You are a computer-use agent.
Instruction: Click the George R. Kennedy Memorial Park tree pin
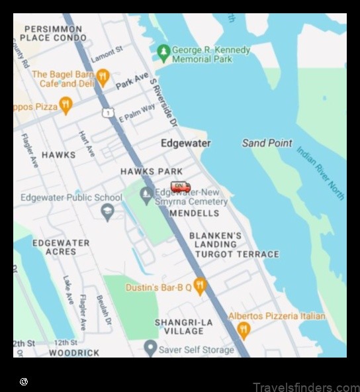163,52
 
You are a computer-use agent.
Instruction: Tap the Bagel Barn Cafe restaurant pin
102,78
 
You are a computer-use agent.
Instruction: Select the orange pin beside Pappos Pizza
65,105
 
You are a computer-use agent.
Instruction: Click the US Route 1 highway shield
107,113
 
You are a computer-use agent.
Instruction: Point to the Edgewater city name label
186,143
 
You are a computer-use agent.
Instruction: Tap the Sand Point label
267,143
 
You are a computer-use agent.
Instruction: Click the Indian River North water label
320,173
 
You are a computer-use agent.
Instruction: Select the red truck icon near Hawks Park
180,187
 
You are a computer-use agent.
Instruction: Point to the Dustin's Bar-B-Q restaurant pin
200,287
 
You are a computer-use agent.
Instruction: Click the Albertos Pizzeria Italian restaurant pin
244,330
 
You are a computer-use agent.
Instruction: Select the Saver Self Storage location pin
151,348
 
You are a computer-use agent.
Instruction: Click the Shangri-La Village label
183,326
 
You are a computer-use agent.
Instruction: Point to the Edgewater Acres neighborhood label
61,247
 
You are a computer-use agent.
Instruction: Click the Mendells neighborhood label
194,213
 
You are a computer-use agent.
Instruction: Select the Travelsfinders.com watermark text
306,387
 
